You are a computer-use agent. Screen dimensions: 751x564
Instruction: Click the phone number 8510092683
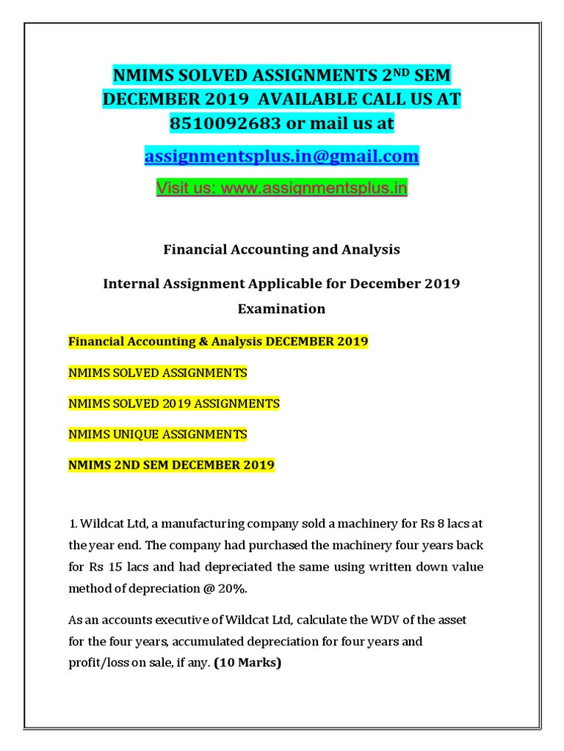(x=225, y=124)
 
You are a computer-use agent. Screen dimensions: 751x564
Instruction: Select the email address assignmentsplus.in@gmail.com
(x=282, y=156)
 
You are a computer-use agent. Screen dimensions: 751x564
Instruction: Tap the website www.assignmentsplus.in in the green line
(x=314, y=188)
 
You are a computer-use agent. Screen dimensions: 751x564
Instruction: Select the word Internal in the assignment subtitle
(x=137, y=283)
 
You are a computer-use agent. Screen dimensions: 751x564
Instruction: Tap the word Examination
(x=281, y=309)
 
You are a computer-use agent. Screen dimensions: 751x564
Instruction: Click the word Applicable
(x=299, y=283)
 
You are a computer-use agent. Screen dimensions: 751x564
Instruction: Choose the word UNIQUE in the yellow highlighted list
(x=134, y=434)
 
